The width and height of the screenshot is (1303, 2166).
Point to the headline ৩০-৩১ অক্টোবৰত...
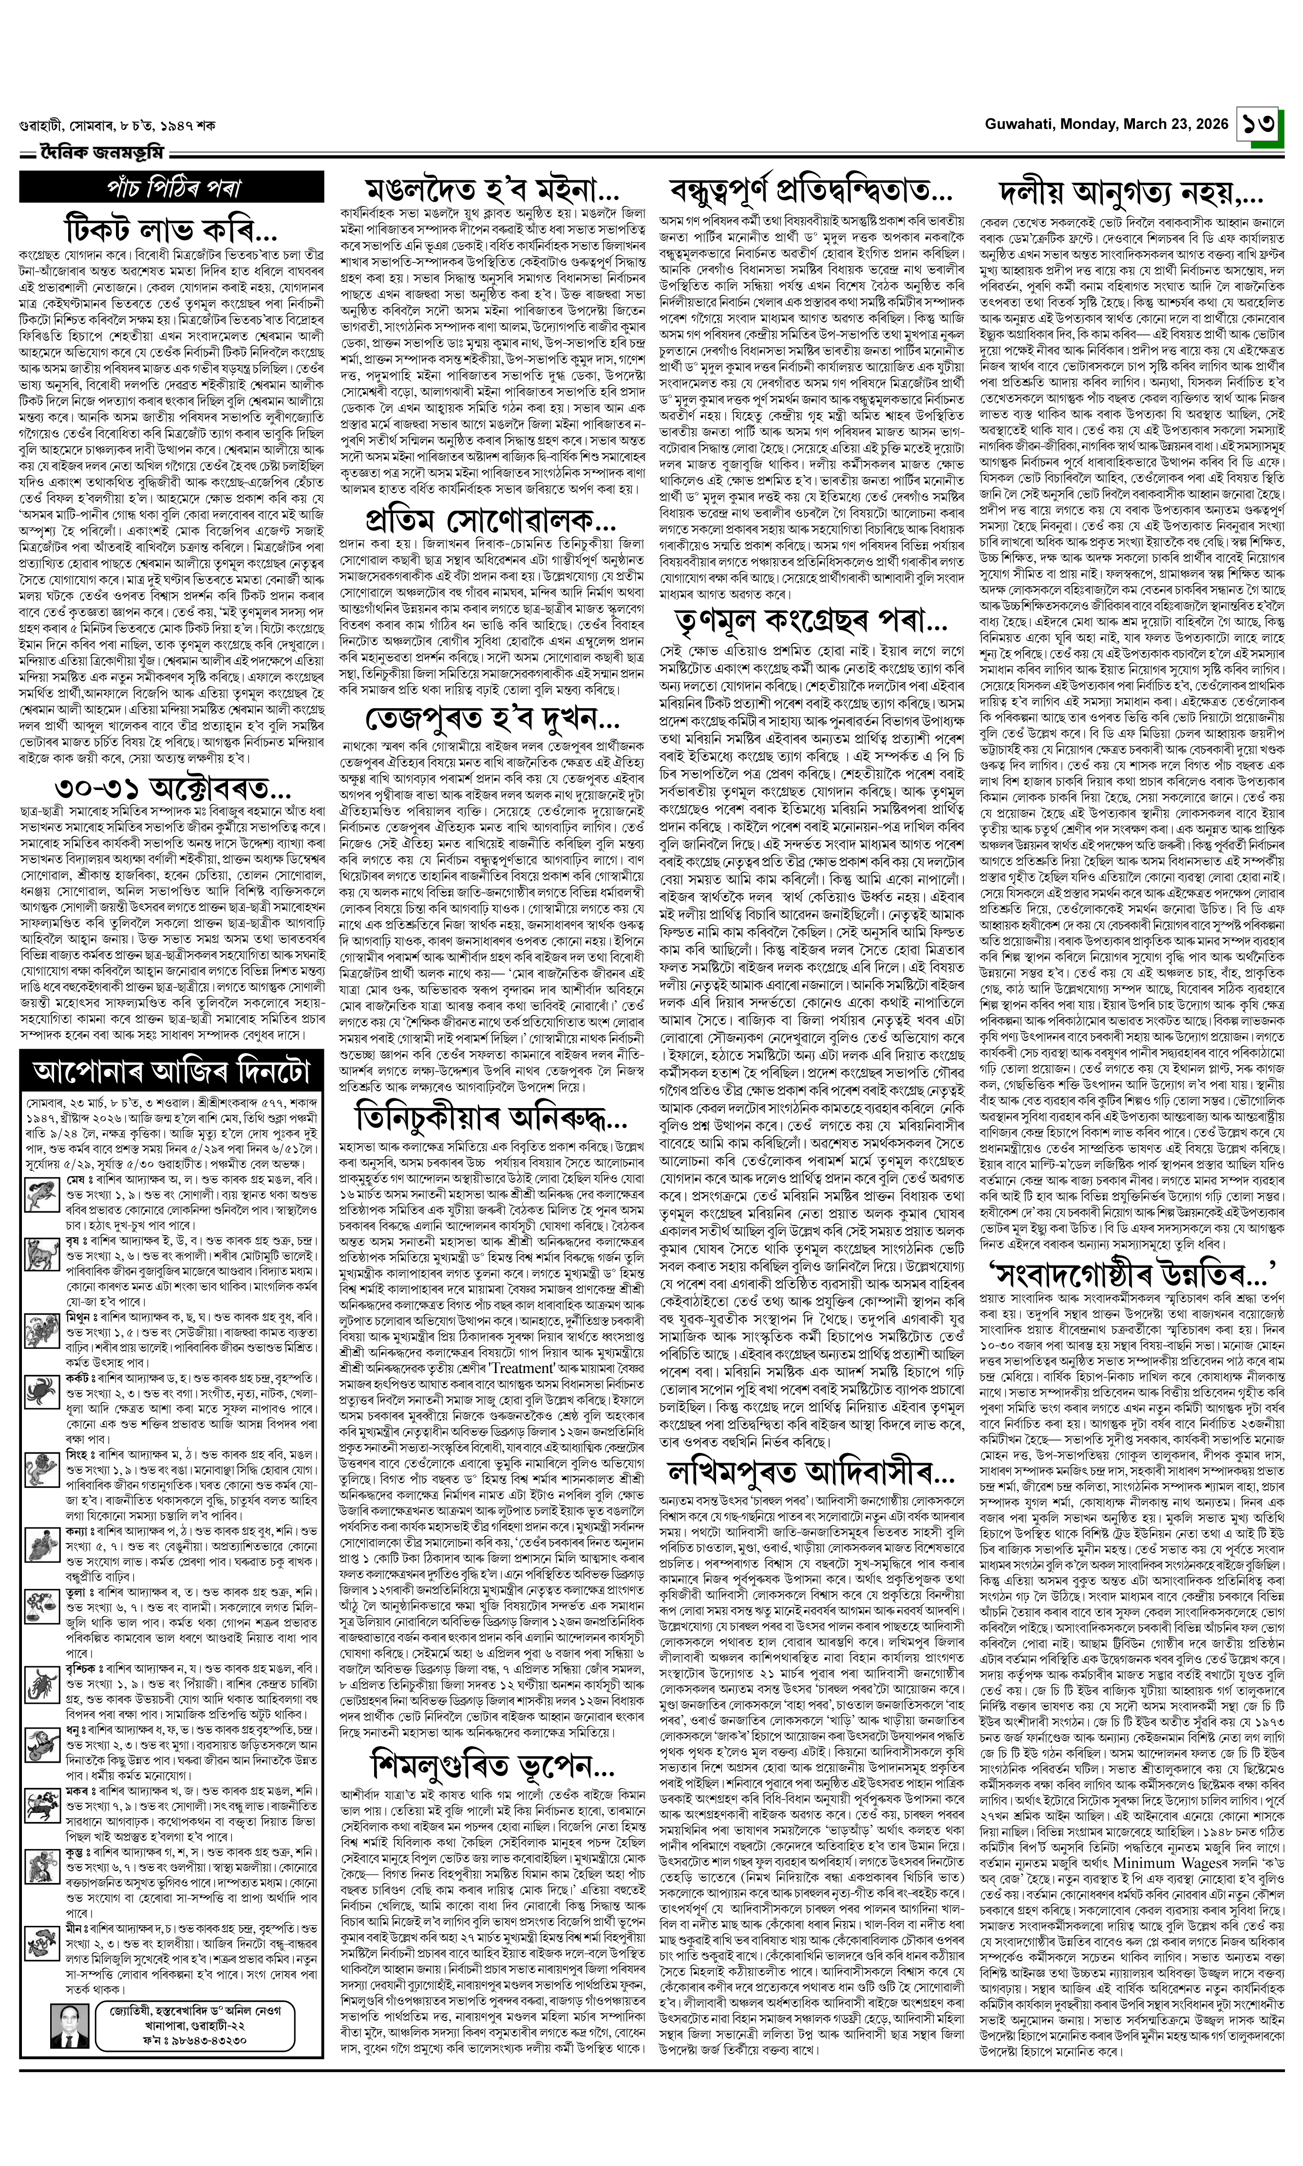click(x=172, y=787)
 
